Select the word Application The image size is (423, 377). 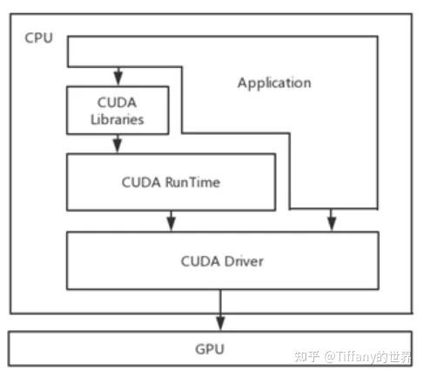[x=273, y=83]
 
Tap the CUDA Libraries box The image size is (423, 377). [x=117, y=111]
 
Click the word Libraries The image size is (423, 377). [x=117, y=118]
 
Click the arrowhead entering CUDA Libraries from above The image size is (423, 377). [x=117, y=79]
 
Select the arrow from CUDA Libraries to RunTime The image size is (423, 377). [x=117, y=144]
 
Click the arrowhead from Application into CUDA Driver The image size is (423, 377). [x=331, y=224]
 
